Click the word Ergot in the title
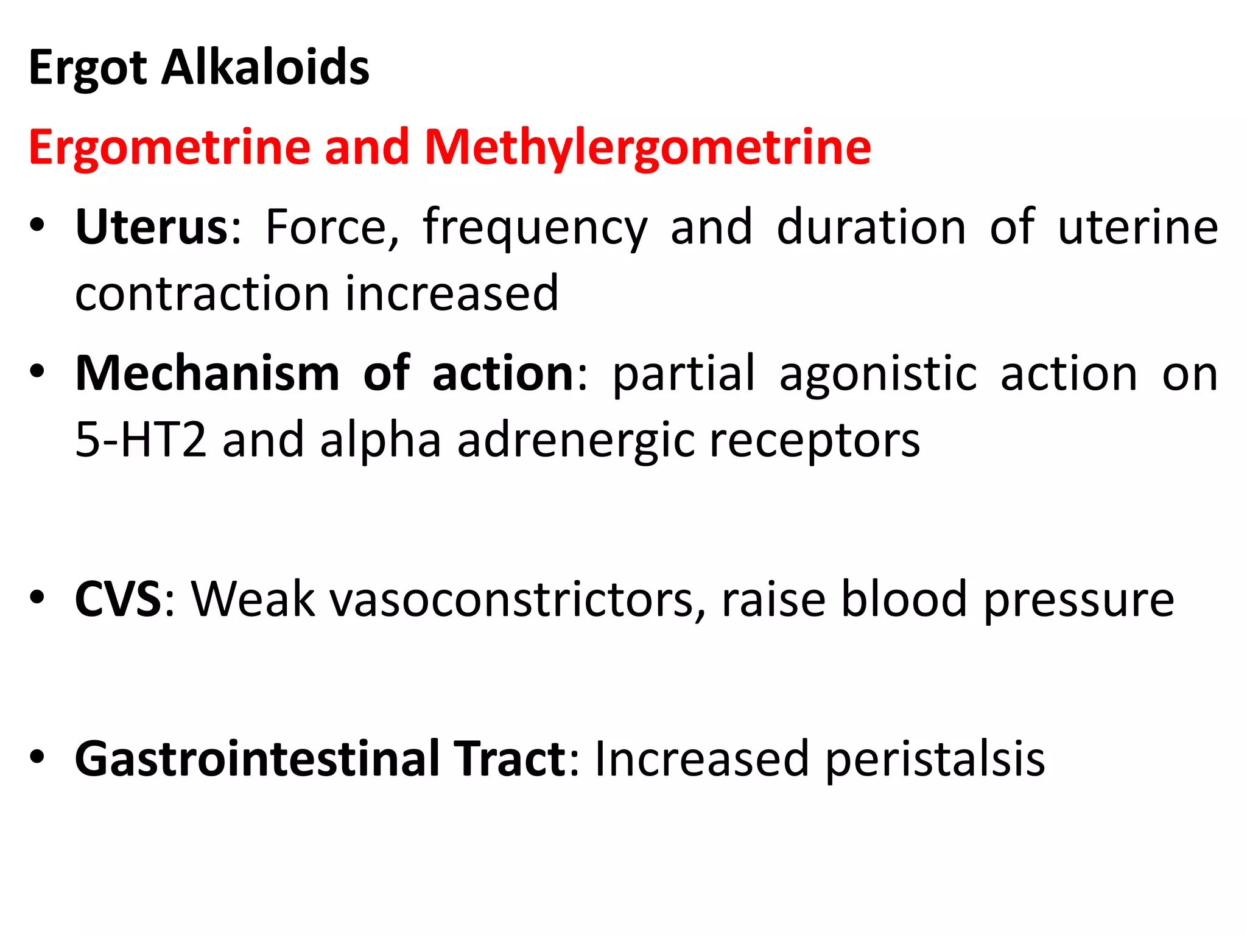(x=88, y=68)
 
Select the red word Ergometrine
(x=169, y=148)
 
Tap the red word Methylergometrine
(x=647, y=148)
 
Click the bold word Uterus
(x=151, y=227)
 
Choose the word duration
(x=871, y=227)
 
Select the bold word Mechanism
(x=207, y=373)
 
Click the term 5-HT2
(x=141, y=439)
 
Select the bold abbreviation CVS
(x=118, y=600)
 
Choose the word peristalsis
(x=935, y=760)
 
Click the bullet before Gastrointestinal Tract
(x=37, y=757)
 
